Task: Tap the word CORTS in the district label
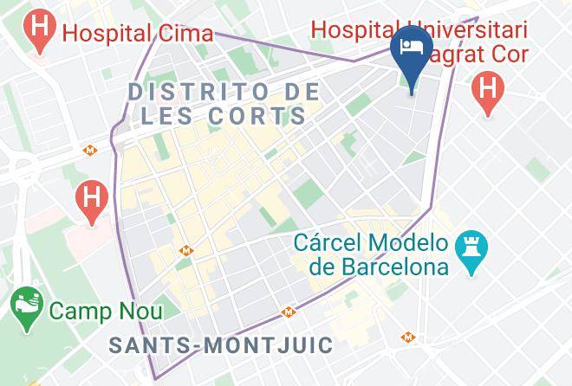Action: [266, 115]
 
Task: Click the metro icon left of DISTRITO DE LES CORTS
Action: [89, 150]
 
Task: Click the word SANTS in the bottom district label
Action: [149, 344]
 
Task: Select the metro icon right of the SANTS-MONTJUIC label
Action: [406, 337]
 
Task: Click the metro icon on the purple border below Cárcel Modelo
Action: [287, 312]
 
